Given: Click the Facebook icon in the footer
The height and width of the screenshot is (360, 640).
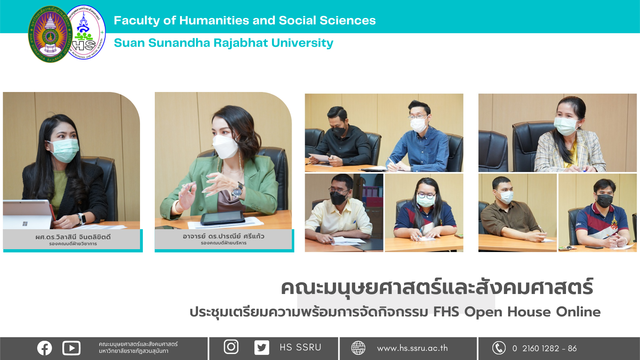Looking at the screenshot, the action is [44, 348].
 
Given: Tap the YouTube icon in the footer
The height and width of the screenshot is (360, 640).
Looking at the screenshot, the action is [72, 348].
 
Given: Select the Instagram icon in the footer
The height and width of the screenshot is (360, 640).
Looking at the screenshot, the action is [231, 347].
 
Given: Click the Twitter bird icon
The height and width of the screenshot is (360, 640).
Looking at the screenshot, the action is [262, 348].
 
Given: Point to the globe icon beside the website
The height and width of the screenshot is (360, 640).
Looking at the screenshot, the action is [358, 348].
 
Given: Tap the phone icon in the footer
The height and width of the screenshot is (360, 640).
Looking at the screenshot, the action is [499, 348].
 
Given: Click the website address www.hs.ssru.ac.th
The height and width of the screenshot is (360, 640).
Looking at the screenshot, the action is [412, 348].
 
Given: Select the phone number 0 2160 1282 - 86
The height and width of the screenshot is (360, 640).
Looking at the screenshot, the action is [544, 348].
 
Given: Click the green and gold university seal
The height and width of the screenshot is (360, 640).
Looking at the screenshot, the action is [50, 34].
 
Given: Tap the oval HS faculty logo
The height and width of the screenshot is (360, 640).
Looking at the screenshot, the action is [86, 32].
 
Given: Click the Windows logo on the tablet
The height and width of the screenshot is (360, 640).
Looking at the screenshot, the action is [25, 224].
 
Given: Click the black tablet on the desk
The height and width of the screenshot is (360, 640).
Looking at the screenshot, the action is [223, 218].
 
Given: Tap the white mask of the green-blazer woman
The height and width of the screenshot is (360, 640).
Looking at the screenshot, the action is [226, 146].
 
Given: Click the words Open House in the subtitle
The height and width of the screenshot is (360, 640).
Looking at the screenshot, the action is [508, 312].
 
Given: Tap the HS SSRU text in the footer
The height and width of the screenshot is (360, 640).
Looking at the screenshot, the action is [300, 348].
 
